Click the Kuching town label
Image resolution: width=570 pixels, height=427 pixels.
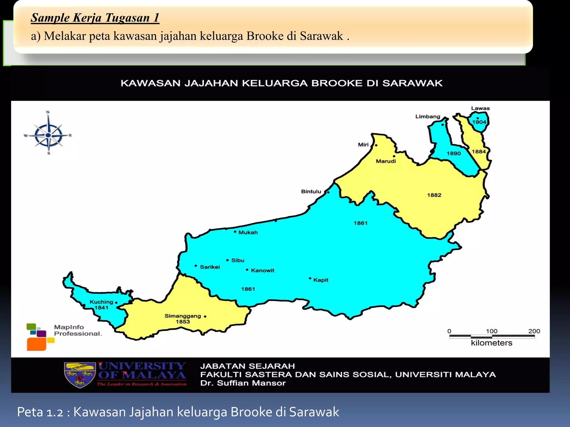(x=101, y=302)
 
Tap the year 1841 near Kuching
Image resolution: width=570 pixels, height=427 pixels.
(x=101, y=308)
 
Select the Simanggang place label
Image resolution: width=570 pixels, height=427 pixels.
(x=183, y=316)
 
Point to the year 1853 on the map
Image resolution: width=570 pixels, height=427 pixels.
(x=183, y=322)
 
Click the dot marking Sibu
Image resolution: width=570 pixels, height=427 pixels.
(x=227, y=260)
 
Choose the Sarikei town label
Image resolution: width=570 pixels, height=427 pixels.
(x=210, y=267)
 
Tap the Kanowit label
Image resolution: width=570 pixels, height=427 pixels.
(x=262, y=270)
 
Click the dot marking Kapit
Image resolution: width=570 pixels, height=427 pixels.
(x=310, y=278)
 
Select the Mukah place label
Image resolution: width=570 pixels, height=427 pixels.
(x=248, y=232)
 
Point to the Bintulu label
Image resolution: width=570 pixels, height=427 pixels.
(x=311, y=192)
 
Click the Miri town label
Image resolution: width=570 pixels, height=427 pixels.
(x=363, y=145)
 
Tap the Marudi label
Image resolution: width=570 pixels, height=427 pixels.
(x=386, y=161)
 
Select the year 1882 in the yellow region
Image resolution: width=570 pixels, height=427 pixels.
(x=434, y=195)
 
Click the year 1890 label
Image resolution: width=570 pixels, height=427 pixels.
(x=454, y=153)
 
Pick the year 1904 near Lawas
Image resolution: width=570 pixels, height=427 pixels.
(x=479, y=122)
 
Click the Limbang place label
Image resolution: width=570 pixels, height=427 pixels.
(x=428, y=116)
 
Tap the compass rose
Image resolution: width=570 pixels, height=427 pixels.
(x=48, y=135)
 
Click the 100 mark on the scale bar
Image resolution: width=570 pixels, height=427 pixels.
(x=492, y=331)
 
